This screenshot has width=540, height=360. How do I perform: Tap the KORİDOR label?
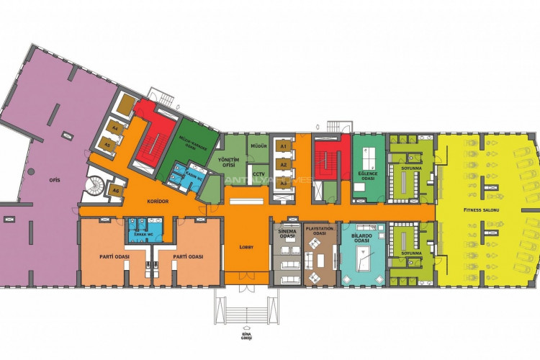(x=157, y=202)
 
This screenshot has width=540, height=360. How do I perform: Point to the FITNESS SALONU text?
(x=481, y=210)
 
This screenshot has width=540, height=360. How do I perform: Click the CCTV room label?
(x=258, y=174)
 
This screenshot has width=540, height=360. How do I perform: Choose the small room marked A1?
(x=284, y=147)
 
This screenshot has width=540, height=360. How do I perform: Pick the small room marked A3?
(x=284, y=183)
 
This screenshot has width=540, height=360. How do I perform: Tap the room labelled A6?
(x=114, y=190)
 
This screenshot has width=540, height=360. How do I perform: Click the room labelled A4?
(x=114, y=129)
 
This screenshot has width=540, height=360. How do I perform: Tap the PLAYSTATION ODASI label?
(x=319, y=230)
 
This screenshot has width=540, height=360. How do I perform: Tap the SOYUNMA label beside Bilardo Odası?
(x=411, y=253)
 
